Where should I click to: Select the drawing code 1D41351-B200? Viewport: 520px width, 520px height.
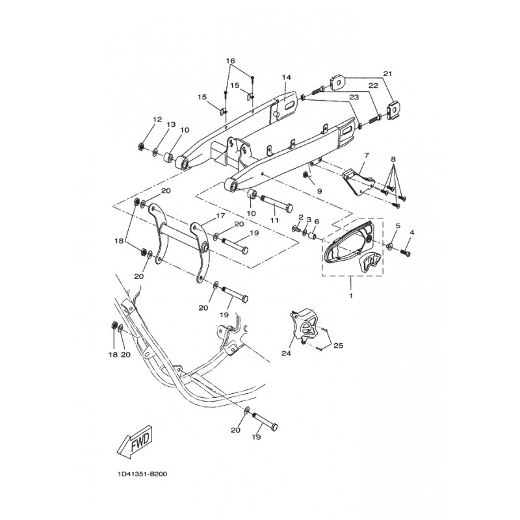[142, 474]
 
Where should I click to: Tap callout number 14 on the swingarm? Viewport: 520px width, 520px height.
[287, 77]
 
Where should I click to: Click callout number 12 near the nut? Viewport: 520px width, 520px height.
[157, 120]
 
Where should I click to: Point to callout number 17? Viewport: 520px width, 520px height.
[220, 216]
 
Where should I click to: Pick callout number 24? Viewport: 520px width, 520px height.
[286, 354]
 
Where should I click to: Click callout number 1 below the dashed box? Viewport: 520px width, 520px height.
[351, 296]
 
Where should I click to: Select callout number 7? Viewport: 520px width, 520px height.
[367, 155]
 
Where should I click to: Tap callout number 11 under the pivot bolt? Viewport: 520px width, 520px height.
[274, 220]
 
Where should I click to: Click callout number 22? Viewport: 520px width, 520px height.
[373, 86]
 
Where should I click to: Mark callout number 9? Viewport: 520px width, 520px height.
[319, 191]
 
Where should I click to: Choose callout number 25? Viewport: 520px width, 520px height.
[338, 346]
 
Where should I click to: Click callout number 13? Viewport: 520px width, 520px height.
[171, 124]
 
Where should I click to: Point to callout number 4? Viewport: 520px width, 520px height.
[412, 233]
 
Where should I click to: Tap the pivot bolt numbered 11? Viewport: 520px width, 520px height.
[276, 203]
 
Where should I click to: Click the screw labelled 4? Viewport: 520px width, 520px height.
[406, 253]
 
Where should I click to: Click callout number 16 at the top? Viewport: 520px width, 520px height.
[230, 61]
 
